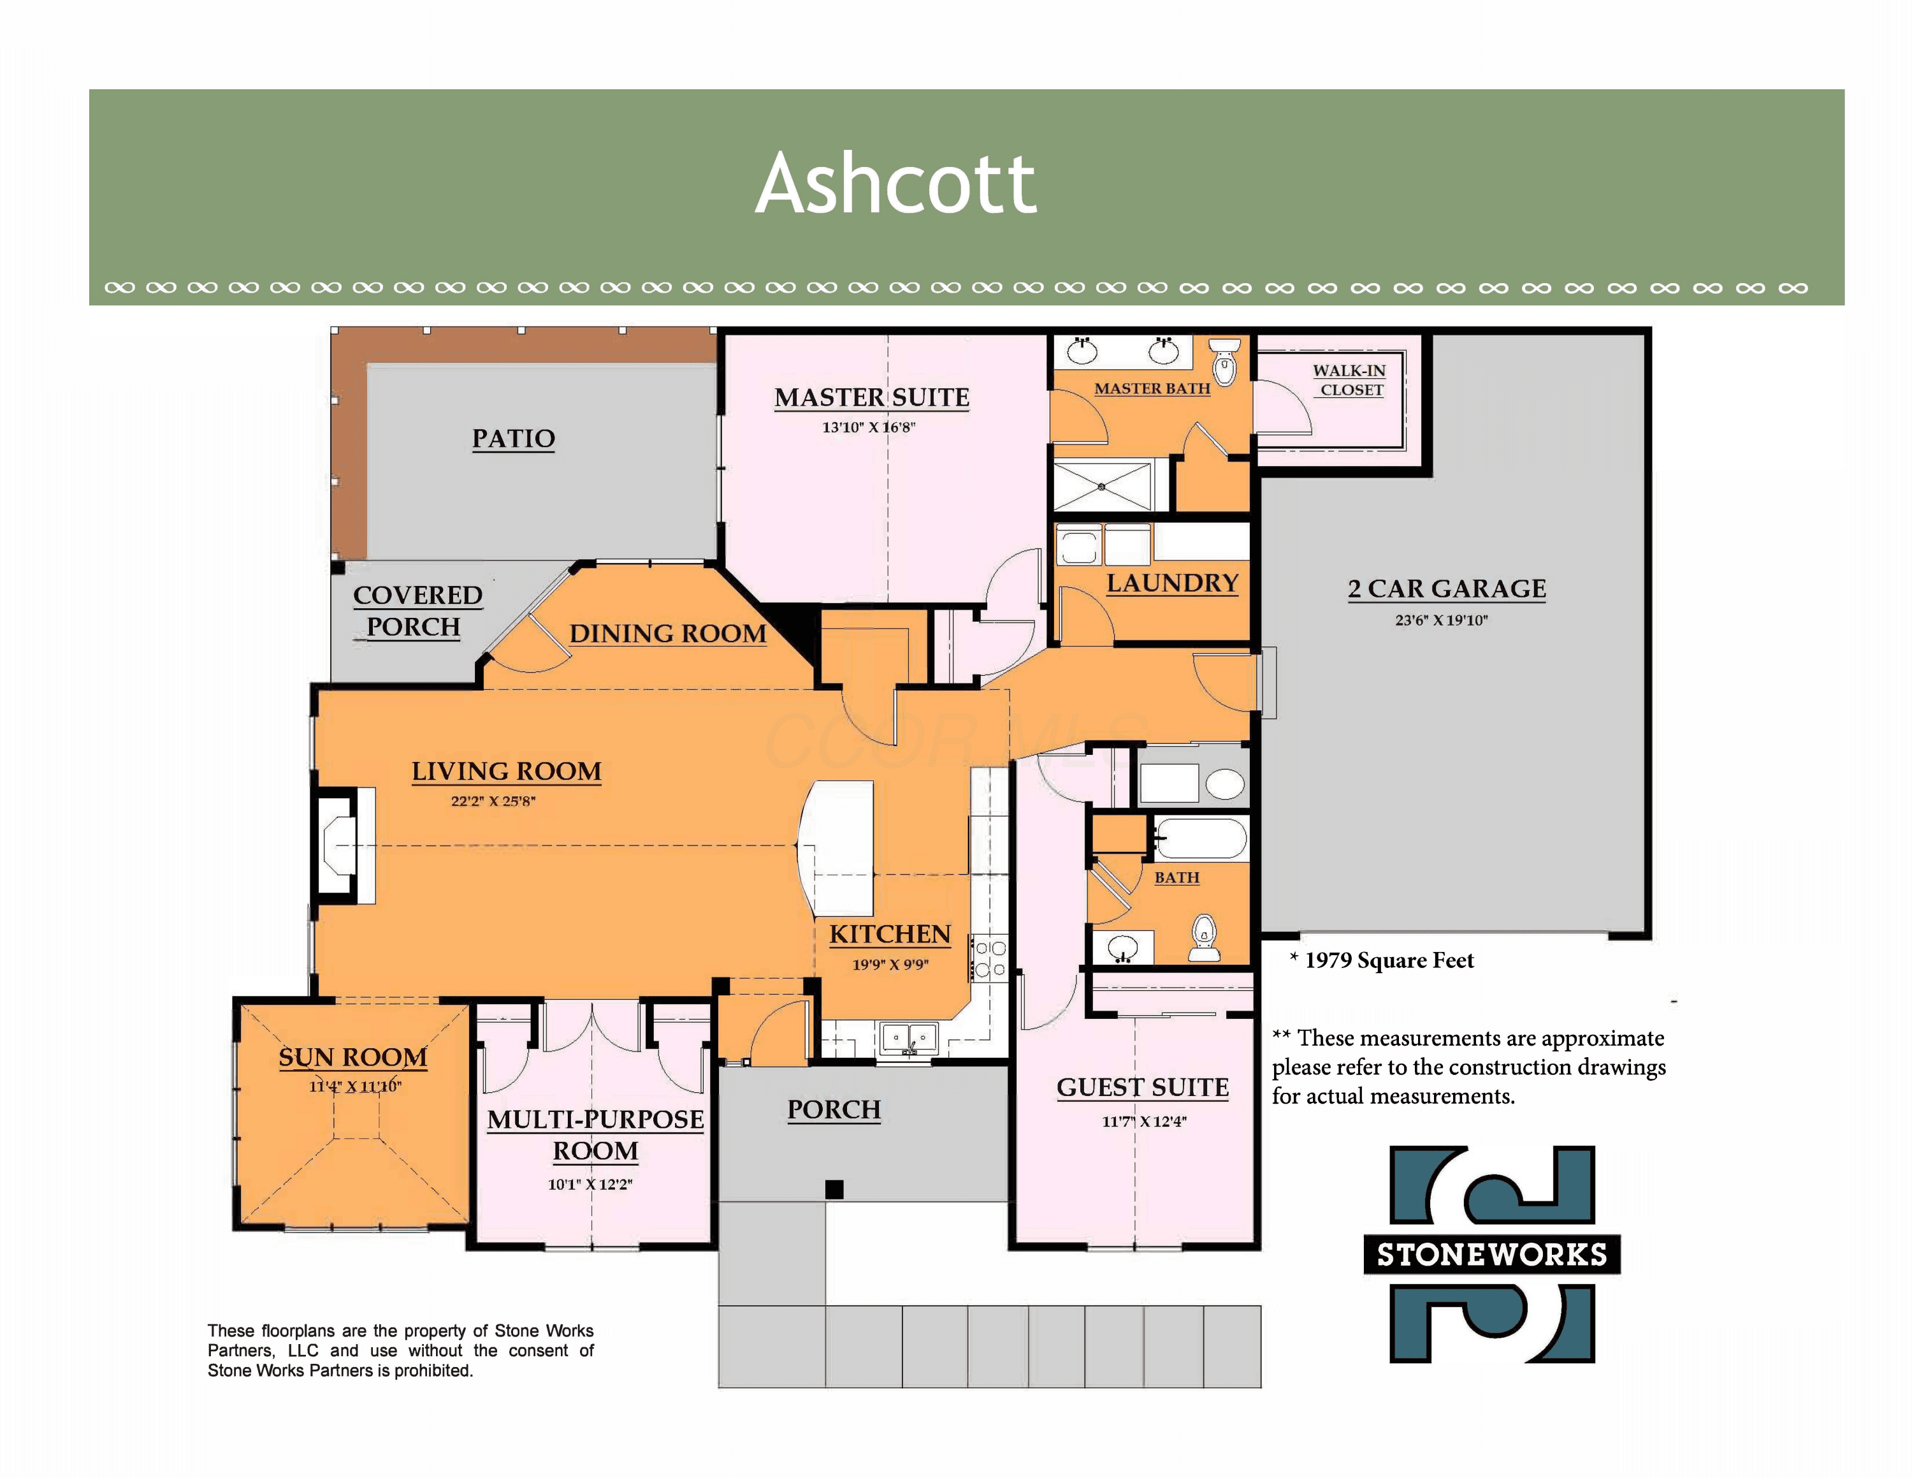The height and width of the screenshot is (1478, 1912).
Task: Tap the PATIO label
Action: (x=513, y=438)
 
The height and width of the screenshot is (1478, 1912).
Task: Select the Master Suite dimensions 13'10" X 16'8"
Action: (x=869, y=427)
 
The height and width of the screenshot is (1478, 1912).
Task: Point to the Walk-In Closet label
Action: (x=1349, y=380)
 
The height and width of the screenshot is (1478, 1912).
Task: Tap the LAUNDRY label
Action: (x=1172, y=583)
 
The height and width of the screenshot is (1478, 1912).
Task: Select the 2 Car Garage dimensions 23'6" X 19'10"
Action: (x=1441, y=620)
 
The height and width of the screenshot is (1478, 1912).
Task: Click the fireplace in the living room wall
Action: (x=345, y=846)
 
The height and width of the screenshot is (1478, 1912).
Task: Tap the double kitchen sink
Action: (x=909, y=1039)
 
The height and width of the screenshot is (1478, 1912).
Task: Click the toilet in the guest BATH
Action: (x=1205, y=939)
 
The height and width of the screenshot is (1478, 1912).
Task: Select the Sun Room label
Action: (x=353, y=1058)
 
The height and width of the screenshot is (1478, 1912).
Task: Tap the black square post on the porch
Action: (x=834, y=1189)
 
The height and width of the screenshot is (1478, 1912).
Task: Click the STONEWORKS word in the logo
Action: (x=1492, y=1255)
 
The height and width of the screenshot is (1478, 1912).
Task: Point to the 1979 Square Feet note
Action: (x=1382, y=960)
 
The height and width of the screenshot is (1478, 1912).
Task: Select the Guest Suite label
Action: (x=1143, y=1088)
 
